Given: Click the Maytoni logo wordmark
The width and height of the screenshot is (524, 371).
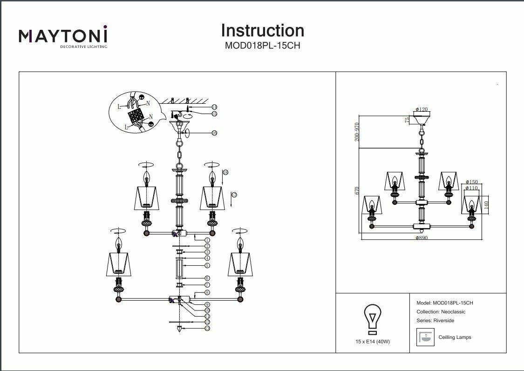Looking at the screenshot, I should (x=63, y=36).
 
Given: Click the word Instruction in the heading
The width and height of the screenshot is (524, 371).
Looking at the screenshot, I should (x=262, y=31).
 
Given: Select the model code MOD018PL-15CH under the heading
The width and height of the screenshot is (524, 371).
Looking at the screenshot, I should (x=263, y=46).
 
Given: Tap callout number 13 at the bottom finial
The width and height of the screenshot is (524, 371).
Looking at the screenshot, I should (x=207, y=328).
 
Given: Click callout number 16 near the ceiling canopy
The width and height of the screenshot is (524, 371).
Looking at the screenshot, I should (x=214, y=133).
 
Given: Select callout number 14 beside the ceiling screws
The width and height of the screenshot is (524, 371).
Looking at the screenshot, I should (x=214, y=107).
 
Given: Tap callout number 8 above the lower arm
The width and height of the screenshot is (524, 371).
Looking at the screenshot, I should (x=207, y=292).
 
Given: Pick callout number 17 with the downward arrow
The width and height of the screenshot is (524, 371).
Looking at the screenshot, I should (x=234, y=195).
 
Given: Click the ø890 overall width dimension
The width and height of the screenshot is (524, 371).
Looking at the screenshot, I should (x=421, y=237).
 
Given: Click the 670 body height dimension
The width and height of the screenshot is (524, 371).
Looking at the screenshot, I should (x=357, y=191).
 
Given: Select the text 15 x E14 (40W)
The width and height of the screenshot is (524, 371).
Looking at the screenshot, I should (x=372, y=342).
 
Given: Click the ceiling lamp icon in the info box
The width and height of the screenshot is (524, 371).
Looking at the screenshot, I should (x=424, y=337).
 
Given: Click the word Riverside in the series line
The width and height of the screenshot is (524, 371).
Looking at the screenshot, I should (x=443, y=321).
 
